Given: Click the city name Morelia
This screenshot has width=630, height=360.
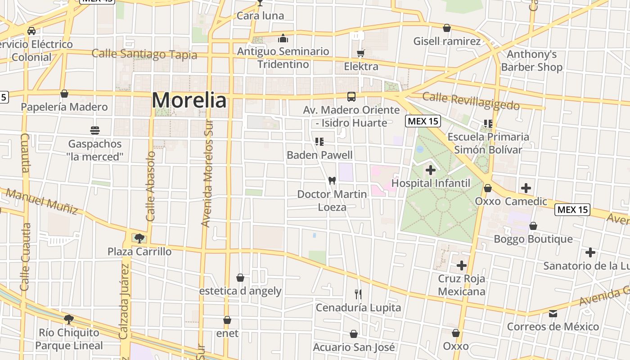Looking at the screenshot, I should [x=189, y=100].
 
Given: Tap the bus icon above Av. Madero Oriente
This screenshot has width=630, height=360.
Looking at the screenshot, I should [x=351, y=97].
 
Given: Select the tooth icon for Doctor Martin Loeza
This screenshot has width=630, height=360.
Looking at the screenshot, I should [x=332, y=181].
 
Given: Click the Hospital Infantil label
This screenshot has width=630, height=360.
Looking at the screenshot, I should [x=431, y=183].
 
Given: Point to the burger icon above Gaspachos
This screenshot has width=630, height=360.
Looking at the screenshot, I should [x=95, y=130].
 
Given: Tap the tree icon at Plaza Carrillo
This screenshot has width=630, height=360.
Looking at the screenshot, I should [x=139, y=238].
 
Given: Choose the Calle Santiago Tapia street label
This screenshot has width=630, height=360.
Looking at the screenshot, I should [x=144, y=54].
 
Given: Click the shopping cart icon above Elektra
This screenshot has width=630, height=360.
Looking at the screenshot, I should [x=360, y=54].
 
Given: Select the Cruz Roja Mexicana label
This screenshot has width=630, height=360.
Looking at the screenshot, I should [x=462, y=285].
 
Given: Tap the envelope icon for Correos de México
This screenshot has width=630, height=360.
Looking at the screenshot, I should [x=553, y=313].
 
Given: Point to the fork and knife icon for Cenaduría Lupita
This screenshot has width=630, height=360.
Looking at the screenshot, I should [x=358, y=294].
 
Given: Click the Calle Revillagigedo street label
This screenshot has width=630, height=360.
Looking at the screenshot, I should [x=471, y=101].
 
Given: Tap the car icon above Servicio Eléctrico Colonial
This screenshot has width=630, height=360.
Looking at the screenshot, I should [x=31, y=31].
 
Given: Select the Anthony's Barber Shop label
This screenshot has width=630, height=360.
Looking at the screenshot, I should [x=531, y=61].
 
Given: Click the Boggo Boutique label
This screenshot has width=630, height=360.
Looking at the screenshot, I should [x=533, y=239].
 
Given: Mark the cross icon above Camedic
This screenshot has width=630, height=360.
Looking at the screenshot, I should [x=526, y=188].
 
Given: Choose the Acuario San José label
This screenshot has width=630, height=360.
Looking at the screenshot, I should [x=354, y=347].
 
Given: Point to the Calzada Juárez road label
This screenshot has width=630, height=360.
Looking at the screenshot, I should [x=124, y=301].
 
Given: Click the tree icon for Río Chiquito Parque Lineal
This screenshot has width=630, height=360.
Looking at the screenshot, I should [x=69, y=319].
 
